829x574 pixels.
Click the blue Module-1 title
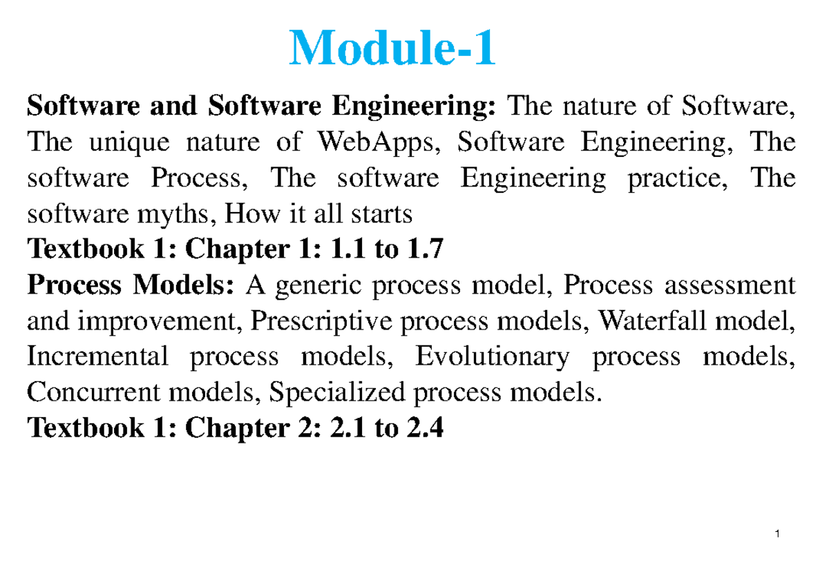click(x=392, y=48)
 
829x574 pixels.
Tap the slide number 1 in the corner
click(x=778, y=534)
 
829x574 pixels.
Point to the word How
click(x=253, y=214)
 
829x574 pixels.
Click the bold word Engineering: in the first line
click(x=413, y=107)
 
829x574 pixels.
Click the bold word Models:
click(x=183, y=285)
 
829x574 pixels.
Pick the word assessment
click(x=730, y=286)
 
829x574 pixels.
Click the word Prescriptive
click(x=321, y=322)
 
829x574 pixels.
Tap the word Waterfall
click(x=652, y=321)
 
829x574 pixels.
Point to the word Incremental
click(x=97, y=356)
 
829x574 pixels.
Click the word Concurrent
click(x=94, y=392)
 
